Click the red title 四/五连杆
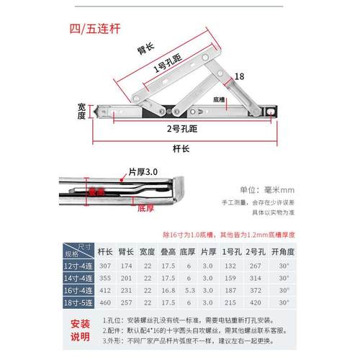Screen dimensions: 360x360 click(105, 31)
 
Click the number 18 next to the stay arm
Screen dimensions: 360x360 click(240, 76)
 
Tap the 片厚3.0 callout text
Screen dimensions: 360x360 click(142, 174)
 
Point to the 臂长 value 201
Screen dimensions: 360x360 click(127, 277)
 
